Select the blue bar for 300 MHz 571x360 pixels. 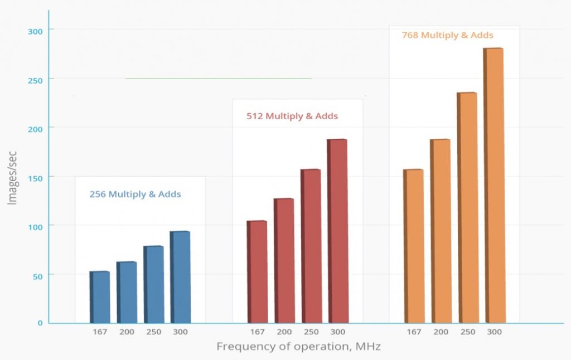(x=180, y=277)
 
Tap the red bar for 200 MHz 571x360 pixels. (x=284, y=260)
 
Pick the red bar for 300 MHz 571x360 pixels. (x=337, y=231)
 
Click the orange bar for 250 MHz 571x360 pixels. (x=467, y=207)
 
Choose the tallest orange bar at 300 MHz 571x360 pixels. (x=493, y=185)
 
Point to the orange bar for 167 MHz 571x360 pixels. (x=413, y=246)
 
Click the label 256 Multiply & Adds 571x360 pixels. (x=135, y=194)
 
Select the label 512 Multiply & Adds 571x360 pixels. (x=292, y=116)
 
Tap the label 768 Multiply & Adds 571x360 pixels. (x=447, y=35)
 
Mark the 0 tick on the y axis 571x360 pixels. (x=40, y=323)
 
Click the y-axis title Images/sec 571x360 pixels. (x=12, y=177)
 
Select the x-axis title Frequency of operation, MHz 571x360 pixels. (x=298, y=347)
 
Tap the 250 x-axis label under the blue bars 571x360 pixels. (x=153, y=332)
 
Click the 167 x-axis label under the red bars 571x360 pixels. (x=257, y=332)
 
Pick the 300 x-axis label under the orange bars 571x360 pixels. (x=494, y=332)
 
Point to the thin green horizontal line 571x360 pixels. (x=218, y=79)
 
